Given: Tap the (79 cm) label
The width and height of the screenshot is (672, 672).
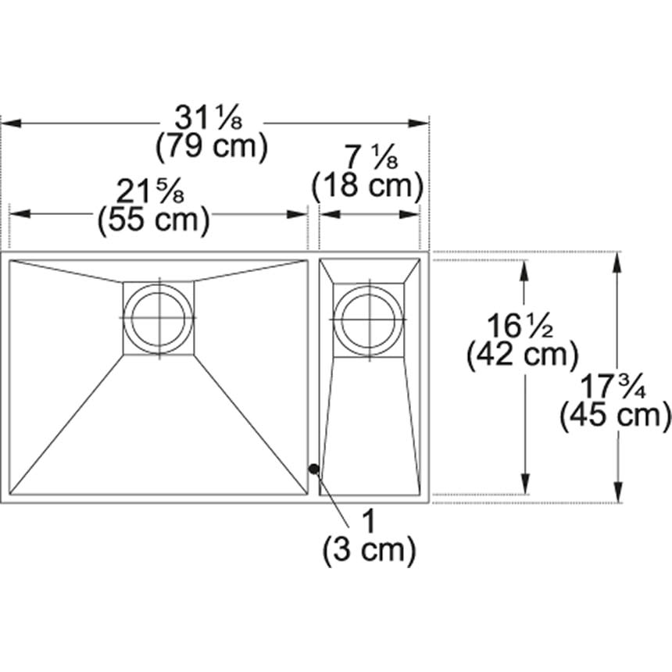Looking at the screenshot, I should click(x=211, y=147).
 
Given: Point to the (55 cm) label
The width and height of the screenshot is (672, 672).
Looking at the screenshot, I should click(x=153, y=221).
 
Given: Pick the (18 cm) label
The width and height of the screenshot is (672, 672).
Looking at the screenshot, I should click(x=367, y=188).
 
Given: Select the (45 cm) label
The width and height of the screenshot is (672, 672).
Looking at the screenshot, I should click(x=616, y=416).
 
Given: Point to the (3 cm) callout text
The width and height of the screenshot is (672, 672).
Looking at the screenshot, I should click(x=367, y=551).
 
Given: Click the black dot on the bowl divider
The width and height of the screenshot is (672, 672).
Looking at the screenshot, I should click(x=313, y=469).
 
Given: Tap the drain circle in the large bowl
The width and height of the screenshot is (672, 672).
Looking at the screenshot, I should click(x=159, y=317).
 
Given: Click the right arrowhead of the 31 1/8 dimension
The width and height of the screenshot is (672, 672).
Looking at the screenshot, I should click(x=423, y=123).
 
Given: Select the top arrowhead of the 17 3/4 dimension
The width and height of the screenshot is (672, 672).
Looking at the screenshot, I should click(x=617, y=262).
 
